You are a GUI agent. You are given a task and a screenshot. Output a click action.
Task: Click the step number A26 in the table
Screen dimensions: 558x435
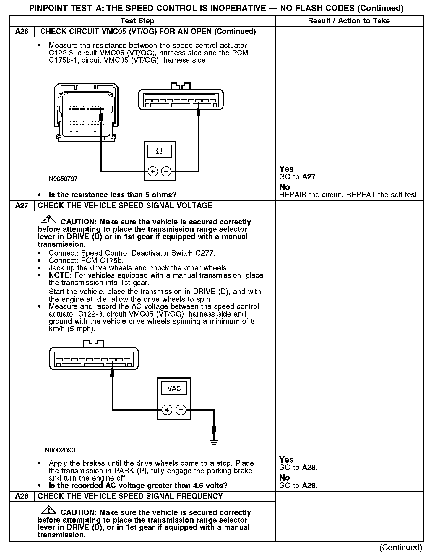pyautogui.click(x=22, y=32)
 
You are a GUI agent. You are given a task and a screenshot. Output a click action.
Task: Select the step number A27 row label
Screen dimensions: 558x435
pyautogui.click(x=22, y=206)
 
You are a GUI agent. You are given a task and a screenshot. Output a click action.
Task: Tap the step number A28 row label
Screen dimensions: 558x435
pyautogui.click(x=22, y=496)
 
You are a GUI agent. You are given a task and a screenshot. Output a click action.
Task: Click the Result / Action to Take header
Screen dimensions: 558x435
pyautogui.click(x=349, y=21)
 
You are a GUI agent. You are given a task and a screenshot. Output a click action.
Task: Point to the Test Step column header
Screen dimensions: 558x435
pyautogui.click(x=137, y=21)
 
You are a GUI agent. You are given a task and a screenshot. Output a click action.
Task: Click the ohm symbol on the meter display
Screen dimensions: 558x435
pyautogui.click(x=159, y=151)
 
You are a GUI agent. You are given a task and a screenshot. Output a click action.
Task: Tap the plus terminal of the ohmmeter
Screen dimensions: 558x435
pyautogui.click(x=153, y=171)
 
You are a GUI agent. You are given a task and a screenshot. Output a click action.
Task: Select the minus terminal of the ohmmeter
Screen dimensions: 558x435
pyautogui.click(x=166, y=171)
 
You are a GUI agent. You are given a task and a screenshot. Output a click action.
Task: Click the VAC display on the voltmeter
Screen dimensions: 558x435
pyautogui.click(x=174, y=388)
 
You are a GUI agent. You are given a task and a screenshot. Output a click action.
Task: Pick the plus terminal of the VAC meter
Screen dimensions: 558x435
pyautogui.click(x=167, y=410)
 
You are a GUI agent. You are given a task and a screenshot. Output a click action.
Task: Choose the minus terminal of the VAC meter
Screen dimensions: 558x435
pyautogui.click(x=181, y=410)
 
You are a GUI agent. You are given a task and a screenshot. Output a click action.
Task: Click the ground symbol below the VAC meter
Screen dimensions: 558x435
pyautogui.click(x=214, y=442)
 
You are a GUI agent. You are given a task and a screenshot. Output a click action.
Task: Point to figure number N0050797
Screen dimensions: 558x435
pyautogui.click(x=63, y=179)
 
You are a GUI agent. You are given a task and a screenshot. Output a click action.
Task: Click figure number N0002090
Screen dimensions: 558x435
pyautogui.click(x=60, y=450)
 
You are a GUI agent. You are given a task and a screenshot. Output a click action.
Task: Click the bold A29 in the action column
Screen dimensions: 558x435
pyautogui.click(x=309, y=486)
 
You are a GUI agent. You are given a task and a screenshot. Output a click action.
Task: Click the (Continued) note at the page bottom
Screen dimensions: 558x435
pyautogui.click(x=400, y=548)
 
